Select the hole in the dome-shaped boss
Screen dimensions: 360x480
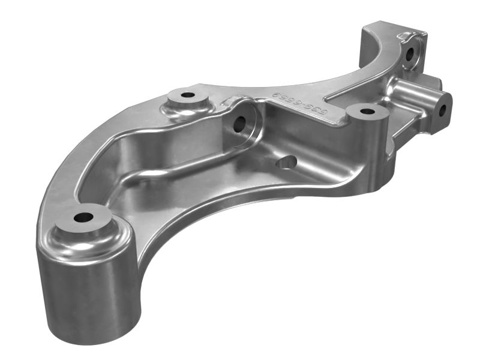pos(188,95)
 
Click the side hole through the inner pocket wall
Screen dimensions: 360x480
pos(239,124)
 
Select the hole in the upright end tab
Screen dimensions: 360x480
pos(410,56)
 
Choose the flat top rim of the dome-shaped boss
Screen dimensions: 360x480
pos(198,92)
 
